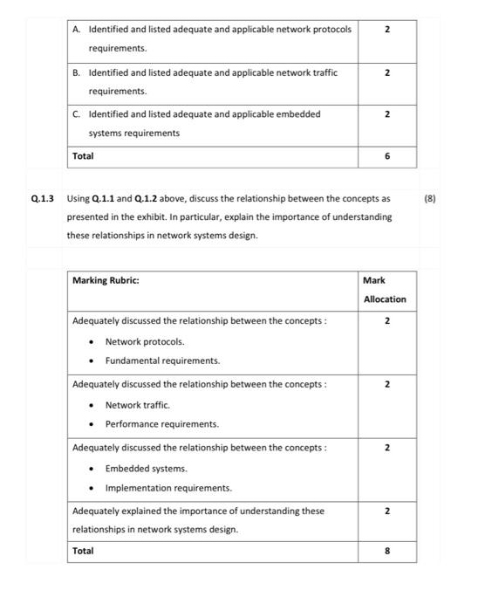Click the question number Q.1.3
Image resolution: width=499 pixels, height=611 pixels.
pos(42,198)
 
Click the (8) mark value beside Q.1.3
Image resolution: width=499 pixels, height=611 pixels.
pos(429,198)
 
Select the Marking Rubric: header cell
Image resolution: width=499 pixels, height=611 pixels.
pos(106,280)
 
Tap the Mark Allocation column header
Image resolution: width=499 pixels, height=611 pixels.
pos(385,290)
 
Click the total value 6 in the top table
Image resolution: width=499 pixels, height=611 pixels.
pos(387,156)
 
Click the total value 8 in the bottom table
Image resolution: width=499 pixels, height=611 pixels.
pos(387,551)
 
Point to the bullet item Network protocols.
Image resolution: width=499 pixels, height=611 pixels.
pos(145,341)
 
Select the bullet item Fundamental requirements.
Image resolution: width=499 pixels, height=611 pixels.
pos(162,360)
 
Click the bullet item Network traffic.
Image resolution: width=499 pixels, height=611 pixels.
pos(138,405)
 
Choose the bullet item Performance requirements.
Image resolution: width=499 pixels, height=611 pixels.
pos(162,424)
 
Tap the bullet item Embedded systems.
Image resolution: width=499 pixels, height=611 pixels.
pos(146,469)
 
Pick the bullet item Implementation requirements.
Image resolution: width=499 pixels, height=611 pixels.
pos(168,488)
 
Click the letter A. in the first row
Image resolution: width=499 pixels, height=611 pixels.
pos(78,30)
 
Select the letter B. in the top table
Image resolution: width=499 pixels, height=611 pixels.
pos(78,72)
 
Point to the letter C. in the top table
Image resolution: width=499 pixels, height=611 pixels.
pos(78,114)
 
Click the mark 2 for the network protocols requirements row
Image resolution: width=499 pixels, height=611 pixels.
pos(387,30)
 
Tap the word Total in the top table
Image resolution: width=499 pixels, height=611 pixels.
pos(83,156)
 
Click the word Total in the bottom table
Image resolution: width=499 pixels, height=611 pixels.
pos(83,551)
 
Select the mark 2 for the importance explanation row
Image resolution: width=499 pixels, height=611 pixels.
pos(387,511)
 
